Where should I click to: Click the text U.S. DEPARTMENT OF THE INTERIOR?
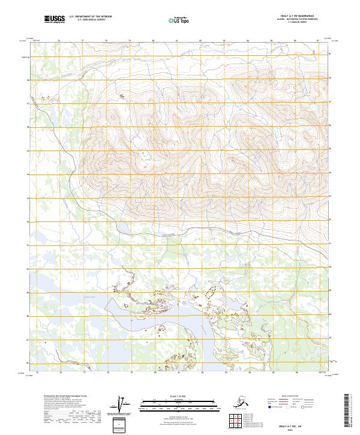tap(89, 17)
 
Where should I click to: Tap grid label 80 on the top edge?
tap(154, 41)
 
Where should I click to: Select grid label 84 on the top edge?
tap(248, 41)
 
